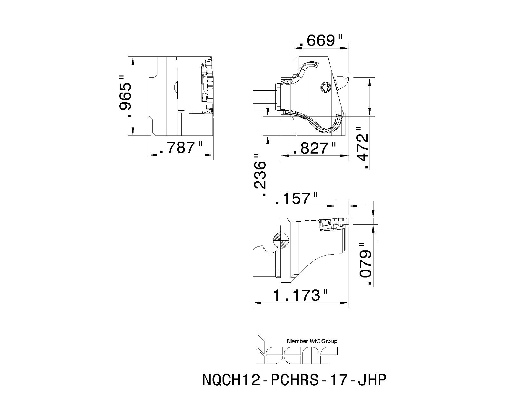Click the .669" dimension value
(320, 40)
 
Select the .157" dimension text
(296, 199)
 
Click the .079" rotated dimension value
(365, 264)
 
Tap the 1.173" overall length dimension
(300, 295)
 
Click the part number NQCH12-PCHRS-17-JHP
(294, 380)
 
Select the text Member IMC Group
(312, 341)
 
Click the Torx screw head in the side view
(325, 87)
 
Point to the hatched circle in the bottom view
(281, 240)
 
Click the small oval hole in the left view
(176, 87)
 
